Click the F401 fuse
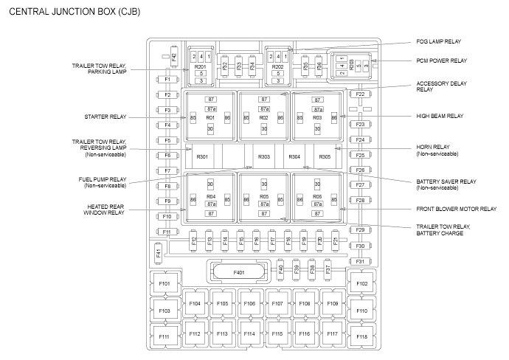(238, 273)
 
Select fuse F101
(164, 283)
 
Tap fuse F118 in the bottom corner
(361, 336)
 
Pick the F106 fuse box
(249, 303)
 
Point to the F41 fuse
(158, 253)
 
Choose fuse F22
(360, 94)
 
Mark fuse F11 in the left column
(167, 232)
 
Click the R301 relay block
(203, 157)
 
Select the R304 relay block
(294, 157)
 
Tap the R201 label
(200, 66)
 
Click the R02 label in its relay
(263, 117)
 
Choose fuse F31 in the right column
(360, 261)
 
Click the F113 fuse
(222, 334)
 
